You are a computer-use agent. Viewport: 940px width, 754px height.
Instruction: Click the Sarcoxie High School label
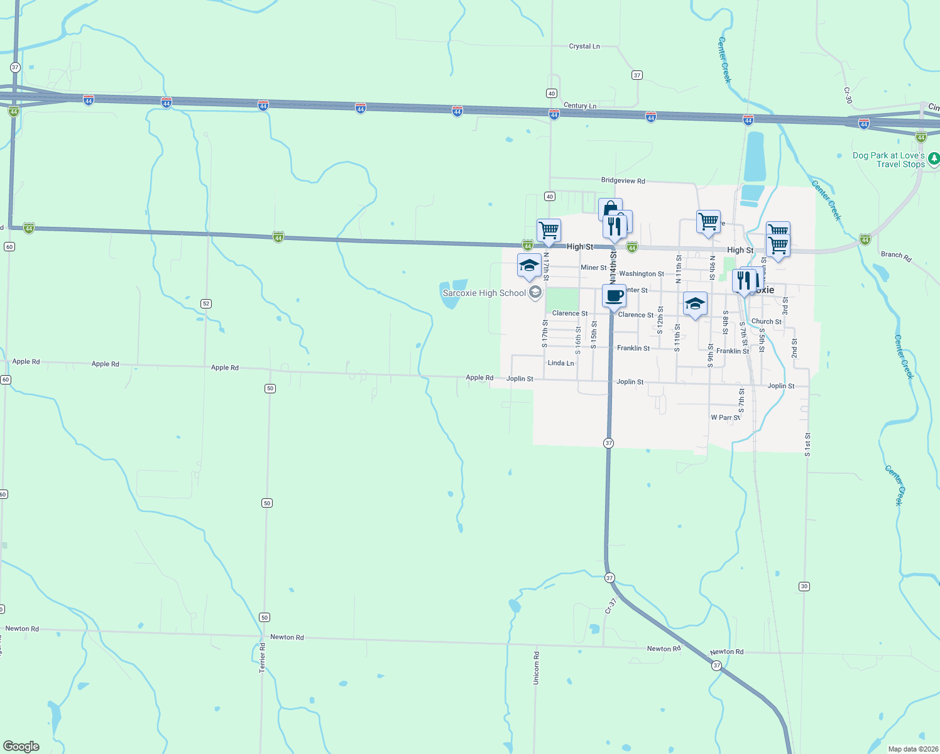coord(484,293)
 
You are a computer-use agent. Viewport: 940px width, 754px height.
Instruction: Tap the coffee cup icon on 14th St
coord(614,295)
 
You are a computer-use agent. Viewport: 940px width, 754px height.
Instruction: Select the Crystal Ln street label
coord(584,46)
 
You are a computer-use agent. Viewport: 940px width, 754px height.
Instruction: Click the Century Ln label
coord(580,106)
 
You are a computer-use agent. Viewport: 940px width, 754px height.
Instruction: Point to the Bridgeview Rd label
coord(623,180)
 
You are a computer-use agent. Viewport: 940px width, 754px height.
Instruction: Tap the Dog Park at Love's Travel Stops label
coord(888,160)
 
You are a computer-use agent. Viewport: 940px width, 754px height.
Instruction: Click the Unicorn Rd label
coord(536,668)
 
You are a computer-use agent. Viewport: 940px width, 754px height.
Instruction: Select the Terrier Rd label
coord(263,658)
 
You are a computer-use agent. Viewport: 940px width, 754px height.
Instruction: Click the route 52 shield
coord(206,303)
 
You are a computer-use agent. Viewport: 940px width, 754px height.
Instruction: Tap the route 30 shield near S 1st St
coord(804,586)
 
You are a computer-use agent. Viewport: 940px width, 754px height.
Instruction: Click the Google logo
coord(21,746)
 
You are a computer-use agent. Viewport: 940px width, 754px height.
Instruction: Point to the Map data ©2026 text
coord(912,749)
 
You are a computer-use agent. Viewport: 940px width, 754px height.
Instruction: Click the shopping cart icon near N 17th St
coord(549,230)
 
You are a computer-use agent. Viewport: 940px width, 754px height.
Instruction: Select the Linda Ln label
coord(560,363)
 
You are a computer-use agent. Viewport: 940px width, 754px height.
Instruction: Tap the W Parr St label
coord(725,417)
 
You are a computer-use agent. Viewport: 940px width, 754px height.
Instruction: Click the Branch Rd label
coord(896,255)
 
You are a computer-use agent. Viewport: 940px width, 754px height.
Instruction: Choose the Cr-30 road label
coord(848,95)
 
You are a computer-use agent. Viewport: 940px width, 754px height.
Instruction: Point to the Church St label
coord(767,321)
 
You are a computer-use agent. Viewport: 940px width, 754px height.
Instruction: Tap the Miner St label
coord(594,268)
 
